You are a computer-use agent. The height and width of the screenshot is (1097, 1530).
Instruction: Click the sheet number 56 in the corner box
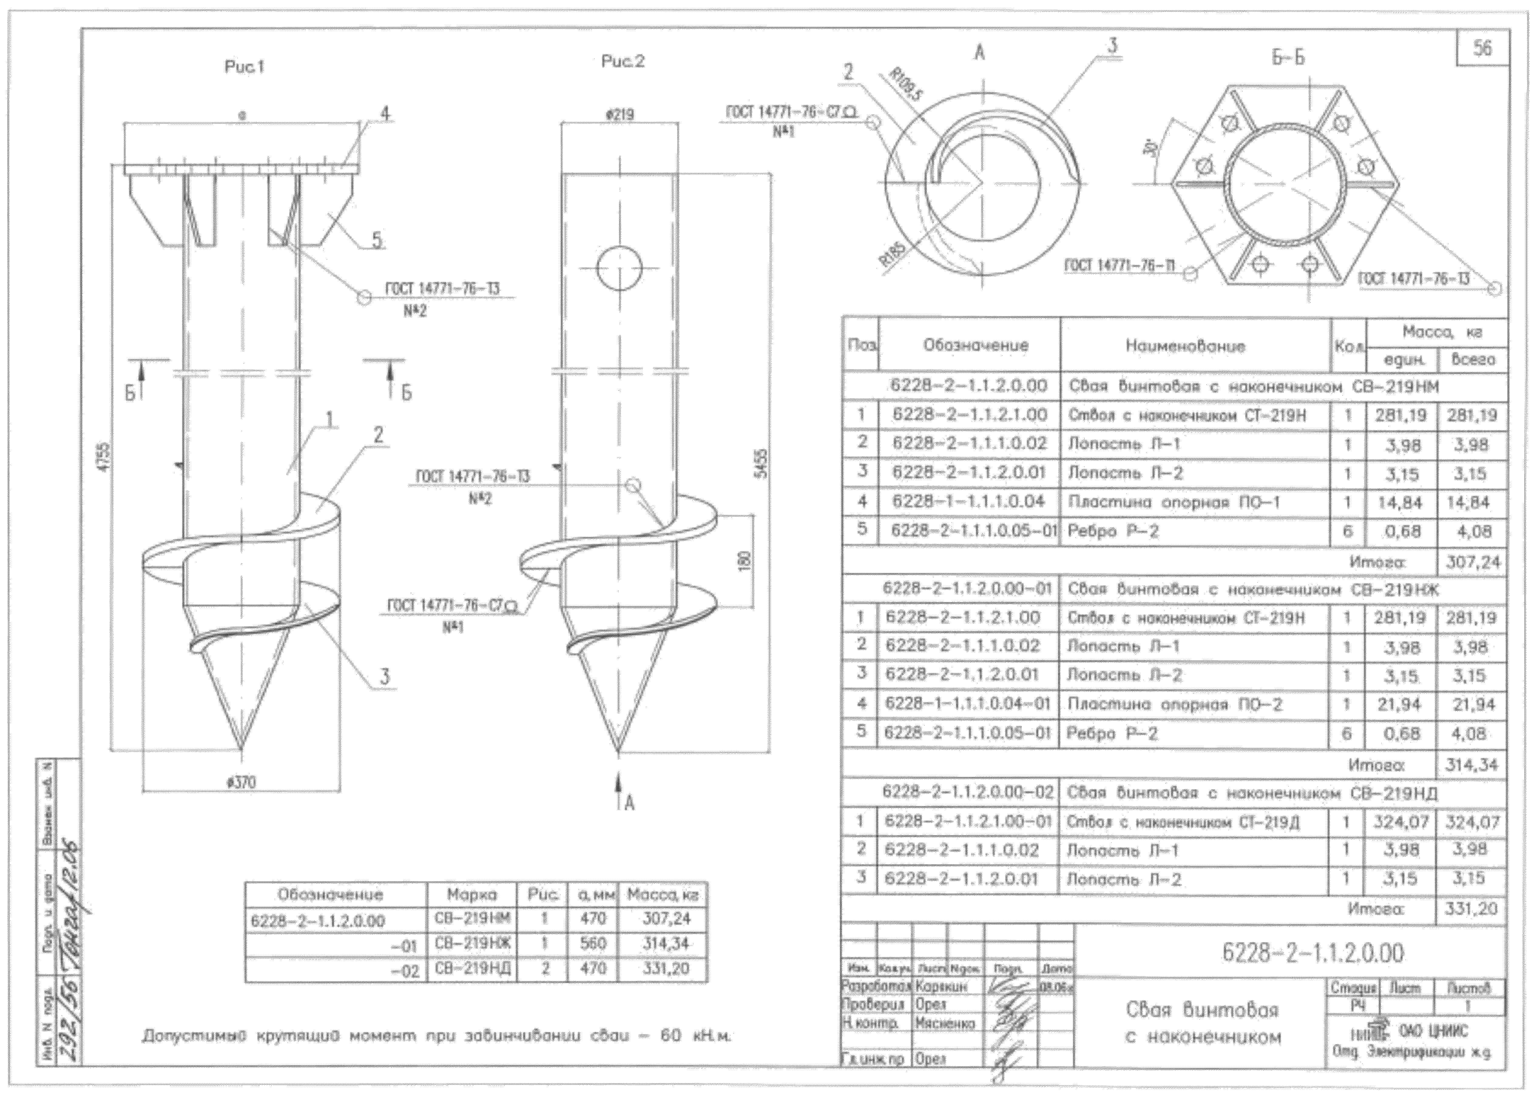pyautogui.click(x=1482, y=49)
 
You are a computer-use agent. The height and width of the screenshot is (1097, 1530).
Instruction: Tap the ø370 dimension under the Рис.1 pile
pyautogui.click(x=241, y=783)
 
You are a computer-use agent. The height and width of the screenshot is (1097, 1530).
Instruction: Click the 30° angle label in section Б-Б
pyautogui.click(x=1150, y=147)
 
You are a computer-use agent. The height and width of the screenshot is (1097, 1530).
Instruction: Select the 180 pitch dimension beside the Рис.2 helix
pyautogui.click(x=744, y=560)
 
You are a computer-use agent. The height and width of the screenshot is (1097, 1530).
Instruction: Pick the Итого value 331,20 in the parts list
pyautogui.click(x=1471, y=909)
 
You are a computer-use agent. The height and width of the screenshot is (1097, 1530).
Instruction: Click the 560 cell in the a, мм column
pyautogui.click(x=593, y=943)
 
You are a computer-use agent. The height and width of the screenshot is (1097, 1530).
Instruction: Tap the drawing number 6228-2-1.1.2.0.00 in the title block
pyautogui.click(x=1312, y=953)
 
